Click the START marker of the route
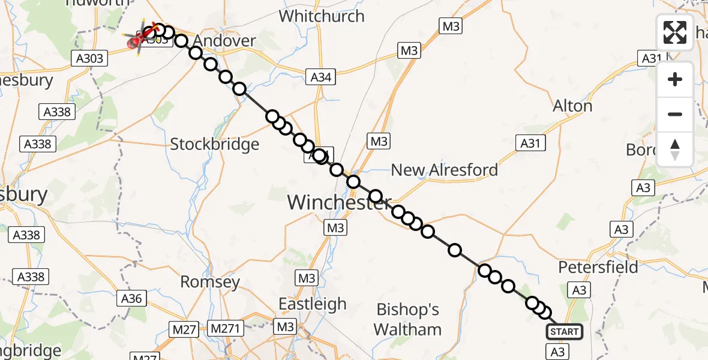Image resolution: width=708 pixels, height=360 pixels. (x=564, y=332)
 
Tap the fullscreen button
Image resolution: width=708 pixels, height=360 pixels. (x=675, y=32)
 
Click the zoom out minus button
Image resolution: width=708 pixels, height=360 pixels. (x=675, y=114)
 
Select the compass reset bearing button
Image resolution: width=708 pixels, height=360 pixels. (x=675, y=149)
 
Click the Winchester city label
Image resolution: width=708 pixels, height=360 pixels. (x=339, y=202)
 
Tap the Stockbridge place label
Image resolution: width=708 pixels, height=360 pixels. (x=215, y=144)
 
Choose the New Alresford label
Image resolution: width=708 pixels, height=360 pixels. (x=444, y=170)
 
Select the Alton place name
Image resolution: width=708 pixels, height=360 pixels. (x=572, y=106)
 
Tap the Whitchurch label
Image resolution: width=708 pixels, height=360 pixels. (x=322, y=16)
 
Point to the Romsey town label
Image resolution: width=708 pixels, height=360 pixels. (x=210, y=281)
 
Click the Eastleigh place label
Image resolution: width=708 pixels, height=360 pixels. (x=313, y=304)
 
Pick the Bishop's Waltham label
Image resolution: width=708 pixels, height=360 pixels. (x=408, y=319)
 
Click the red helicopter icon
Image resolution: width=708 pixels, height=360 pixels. (x=136, y=41)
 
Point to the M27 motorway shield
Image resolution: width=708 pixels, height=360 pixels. (x=184, y=328)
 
